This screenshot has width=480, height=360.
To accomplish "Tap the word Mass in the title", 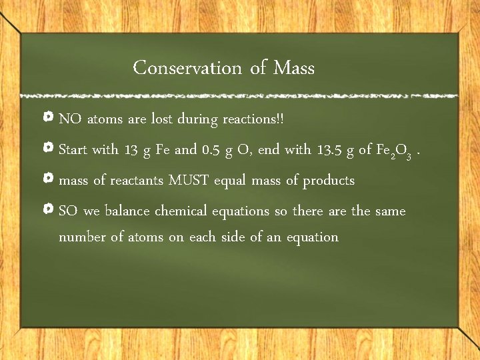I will point(294,68).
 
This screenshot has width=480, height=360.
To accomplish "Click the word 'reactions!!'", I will point(253,119).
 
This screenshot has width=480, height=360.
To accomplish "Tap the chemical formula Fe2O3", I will point(397,151).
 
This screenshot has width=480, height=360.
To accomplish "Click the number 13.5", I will point(332,149).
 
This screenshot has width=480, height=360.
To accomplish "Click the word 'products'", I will point(329,181).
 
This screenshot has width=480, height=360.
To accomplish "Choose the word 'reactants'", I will point(137,180).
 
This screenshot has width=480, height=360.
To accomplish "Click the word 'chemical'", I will point(181,211).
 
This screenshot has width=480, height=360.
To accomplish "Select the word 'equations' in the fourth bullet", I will point(241,211).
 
